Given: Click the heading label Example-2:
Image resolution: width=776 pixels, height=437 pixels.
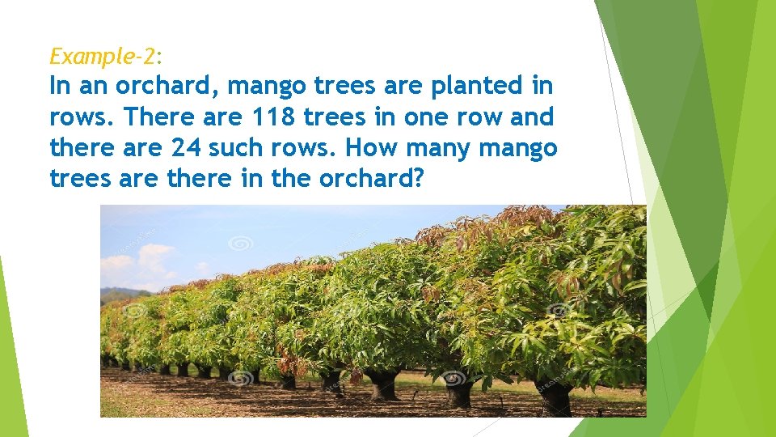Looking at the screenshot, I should pos(106,57).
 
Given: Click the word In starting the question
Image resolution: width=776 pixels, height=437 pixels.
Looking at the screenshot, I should pos(61,86).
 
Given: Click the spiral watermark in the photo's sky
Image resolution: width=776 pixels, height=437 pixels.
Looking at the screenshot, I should pos(241,242).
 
